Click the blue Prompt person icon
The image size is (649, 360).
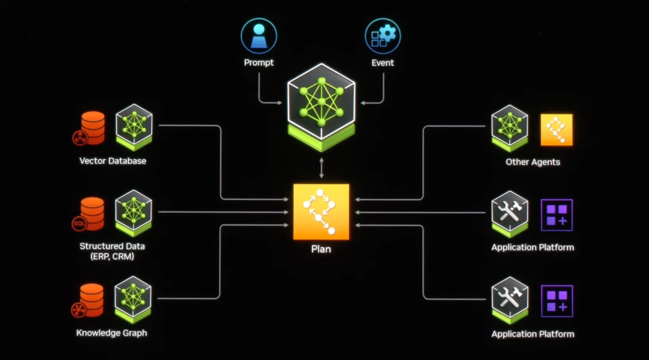click(259, 36)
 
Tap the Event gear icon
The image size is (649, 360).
click(383, 36)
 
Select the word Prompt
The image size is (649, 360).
click(259, 63)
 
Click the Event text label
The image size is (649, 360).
click(383, 63)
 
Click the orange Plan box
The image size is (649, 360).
click(321, 212)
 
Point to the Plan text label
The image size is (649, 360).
click(321, 249)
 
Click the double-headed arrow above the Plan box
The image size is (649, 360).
click(321, 168)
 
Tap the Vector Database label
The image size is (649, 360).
click(113, 161)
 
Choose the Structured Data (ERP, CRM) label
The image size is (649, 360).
click(112, 251)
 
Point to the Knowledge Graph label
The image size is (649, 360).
click(111, 333)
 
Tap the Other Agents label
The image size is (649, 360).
click(533, 162)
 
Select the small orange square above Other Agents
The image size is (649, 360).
click(557, 130)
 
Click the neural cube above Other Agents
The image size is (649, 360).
click(510, 127)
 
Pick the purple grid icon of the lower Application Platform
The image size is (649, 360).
click(557, 301)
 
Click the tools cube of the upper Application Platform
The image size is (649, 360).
click(510, 212)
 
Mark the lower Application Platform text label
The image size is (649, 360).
click(533, 334)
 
